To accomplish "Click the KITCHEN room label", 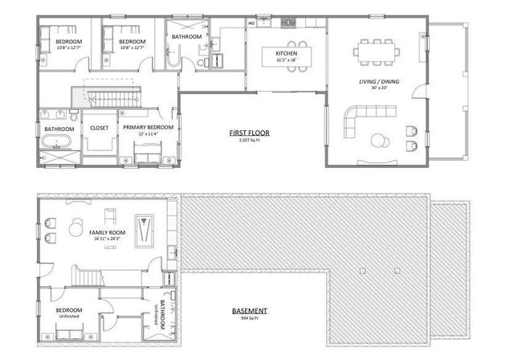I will (287, 54).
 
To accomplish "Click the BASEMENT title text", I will (250, 311).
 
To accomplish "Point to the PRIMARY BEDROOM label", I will (148, 127).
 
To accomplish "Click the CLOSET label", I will (99, 127).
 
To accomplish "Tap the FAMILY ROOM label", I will (107, 232).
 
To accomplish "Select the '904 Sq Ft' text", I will (250, 318).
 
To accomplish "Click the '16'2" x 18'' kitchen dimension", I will (287, 60).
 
